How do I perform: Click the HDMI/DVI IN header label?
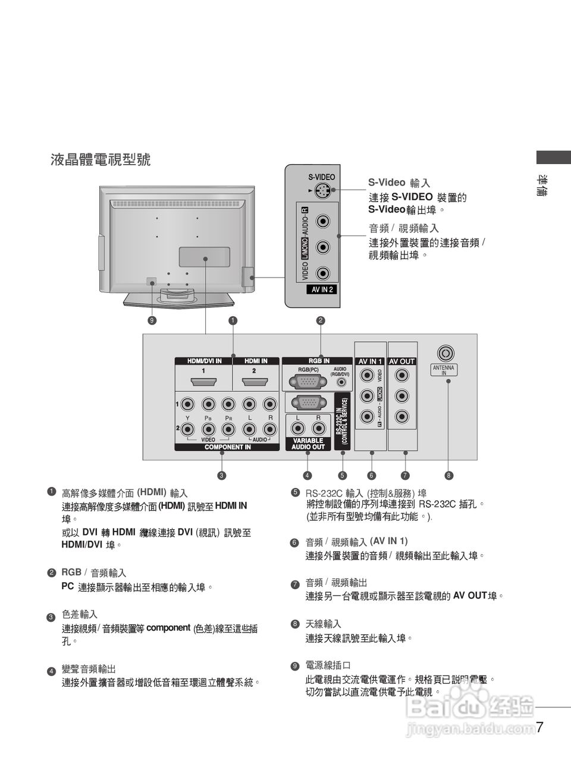coord(204,361)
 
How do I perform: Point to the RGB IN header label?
coord(318,361)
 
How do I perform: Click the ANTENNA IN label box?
coord(443,370)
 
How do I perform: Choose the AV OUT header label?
coord(402,361)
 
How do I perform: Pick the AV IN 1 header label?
coord(369,361)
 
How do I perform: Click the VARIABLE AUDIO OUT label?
coord(308,444)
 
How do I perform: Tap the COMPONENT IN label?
coord(227,447)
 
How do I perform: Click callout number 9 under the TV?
coord(152,320)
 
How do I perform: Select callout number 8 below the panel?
coord(449,475)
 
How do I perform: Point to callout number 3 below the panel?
coord(221,475)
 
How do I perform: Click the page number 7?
coord(539,727)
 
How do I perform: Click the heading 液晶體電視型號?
coord(101,159)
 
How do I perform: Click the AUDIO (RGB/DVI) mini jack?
coord(340,383)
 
